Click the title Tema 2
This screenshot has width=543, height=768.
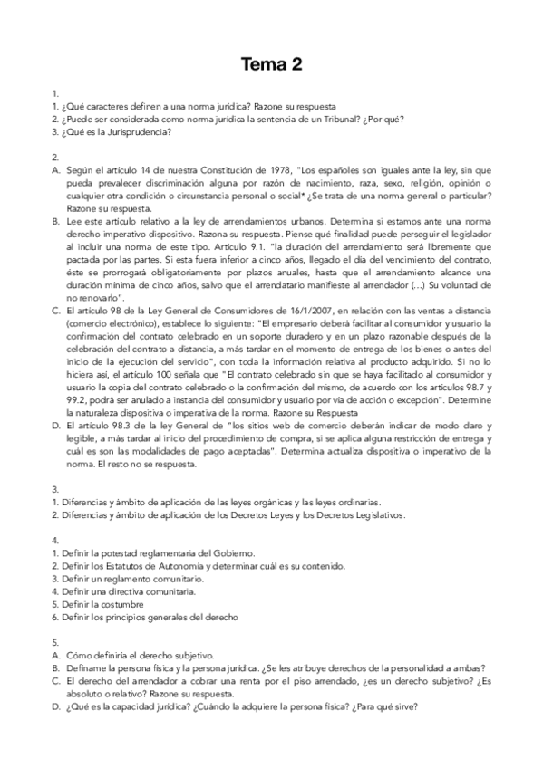(271, 63)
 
